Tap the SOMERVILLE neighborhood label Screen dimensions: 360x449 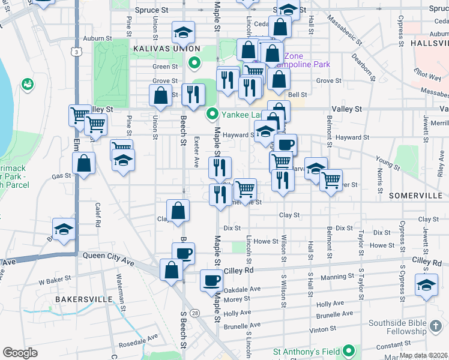[415, 196]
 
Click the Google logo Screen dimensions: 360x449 [20, 353]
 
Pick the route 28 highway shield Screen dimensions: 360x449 [195, 313]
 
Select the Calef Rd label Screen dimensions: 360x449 [98, 214]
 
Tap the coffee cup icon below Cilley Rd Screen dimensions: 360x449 [211, 280]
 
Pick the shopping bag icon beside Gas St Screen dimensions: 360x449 [83, 163]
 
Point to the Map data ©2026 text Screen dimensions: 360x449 [424, 355]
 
